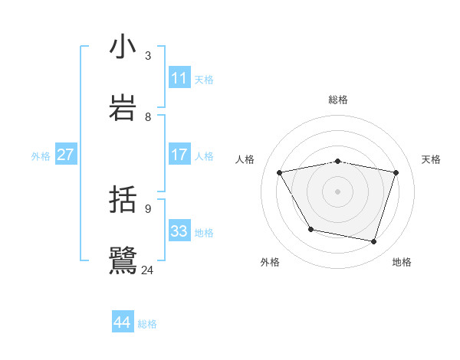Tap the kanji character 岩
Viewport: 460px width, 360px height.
(123, 106)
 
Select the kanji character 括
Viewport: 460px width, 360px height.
(123, 200)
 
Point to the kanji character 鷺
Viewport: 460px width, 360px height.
(123, 260)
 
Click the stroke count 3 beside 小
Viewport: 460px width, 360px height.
(148, 55)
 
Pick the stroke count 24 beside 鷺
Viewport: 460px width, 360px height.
(148, 269)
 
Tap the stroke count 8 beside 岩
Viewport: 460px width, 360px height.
(148, 116)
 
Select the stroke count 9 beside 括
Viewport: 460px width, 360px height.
(148, 208)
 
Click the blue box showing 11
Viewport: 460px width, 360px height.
(179, 77)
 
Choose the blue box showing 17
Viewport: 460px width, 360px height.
(179, 155)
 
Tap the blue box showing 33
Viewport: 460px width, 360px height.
(179, 231)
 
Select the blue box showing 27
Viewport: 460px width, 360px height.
(65, 155)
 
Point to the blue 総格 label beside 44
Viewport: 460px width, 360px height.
(147, 324)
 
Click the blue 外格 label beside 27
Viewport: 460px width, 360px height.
(41, 156)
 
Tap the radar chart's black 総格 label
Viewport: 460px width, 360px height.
(338, 100)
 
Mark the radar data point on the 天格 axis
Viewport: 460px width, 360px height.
(396, 172)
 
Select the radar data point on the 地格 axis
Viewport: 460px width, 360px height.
(373, 241)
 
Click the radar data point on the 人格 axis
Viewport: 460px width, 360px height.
(280, 172)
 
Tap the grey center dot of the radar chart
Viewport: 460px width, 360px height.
(338, 191)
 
